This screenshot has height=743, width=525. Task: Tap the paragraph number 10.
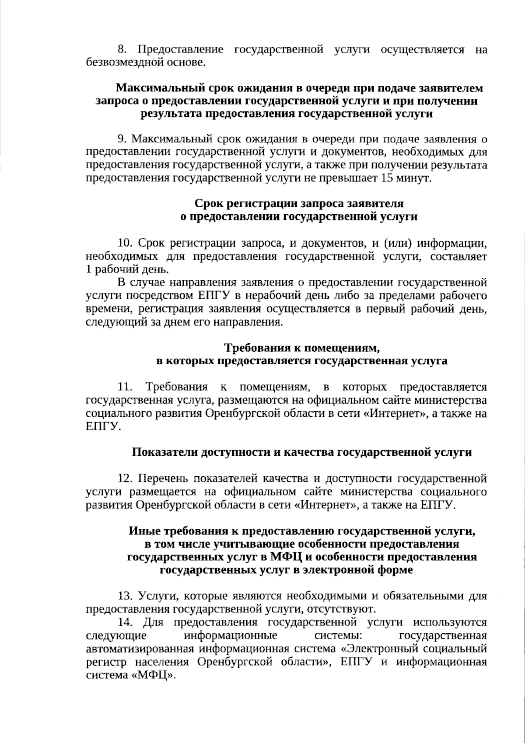coord(124,243)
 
